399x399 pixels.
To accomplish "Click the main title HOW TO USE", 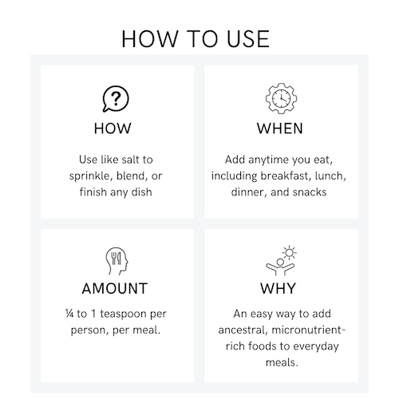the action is tap(196, 39).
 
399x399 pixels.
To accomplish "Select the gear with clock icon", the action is tap(281, 98).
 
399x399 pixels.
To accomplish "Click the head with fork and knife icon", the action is tap(117, 261).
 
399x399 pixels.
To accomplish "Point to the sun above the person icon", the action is tap(290, 252).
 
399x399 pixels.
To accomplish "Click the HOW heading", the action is tap(113, 128).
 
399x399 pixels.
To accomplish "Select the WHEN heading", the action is tap(280, 128).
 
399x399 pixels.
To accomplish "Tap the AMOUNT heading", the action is tap(115, 288).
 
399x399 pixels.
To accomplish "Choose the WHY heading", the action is tap(278, 288).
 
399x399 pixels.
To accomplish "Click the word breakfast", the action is tap(285, 176).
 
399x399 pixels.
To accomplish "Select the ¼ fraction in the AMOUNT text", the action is tap(69, 314).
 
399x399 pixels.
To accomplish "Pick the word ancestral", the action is tap(243, 330).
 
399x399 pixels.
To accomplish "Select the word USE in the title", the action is tap(248, 39).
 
